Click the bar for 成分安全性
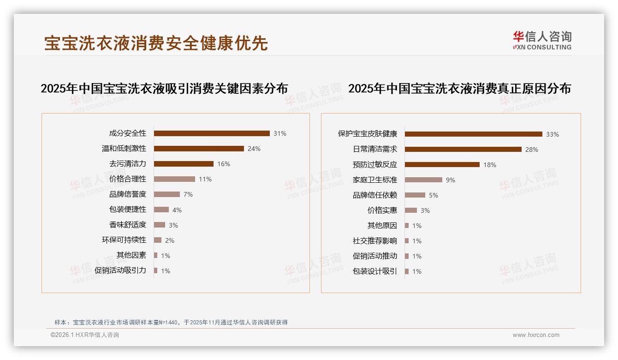coord(212,133)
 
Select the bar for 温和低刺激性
coord(199,149)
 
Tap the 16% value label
coord(224,164)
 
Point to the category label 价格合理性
coord(128,179)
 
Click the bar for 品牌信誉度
coord(167,194)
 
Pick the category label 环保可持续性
coord(124,240)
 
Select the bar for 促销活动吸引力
coord(156,270)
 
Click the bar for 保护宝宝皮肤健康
coord(474,134)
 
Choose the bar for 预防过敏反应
coord(442,165)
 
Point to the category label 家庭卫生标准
coord(375,180)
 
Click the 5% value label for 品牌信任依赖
coord(434,195)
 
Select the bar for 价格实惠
coord(411,210)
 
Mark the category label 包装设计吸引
coord(375,271)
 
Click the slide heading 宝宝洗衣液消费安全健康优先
coord(156,43)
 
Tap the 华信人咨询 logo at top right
coord(542,41)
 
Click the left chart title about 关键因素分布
coord(164,88)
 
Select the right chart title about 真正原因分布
coord(459,88)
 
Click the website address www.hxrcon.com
coord(536,335)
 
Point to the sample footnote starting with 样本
coord(171,322)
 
